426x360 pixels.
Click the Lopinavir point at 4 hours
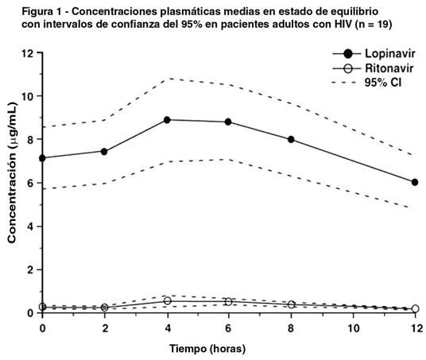coord(167,120)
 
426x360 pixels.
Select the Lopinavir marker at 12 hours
coord(415,182)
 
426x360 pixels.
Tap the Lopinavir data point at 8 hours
coord(291,139)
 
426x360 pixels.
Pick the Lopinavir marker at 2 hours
coord(104,152)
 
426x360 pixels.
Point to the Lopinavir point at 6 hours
coord(228,122)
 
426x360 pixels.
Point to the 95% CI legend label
coord(383,83)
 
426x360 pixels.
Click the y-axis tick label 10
coord(27,96)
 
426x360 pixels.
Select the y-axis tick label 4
coord(30,226)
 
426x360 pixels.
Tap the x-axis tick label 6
coord(228,328)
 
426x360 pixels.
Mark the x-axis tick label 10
coord(353,328)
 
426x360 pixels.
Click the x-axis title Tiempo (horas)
coord(207,349)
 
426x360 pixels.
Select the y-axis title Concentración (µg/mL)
coord(12,172)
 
